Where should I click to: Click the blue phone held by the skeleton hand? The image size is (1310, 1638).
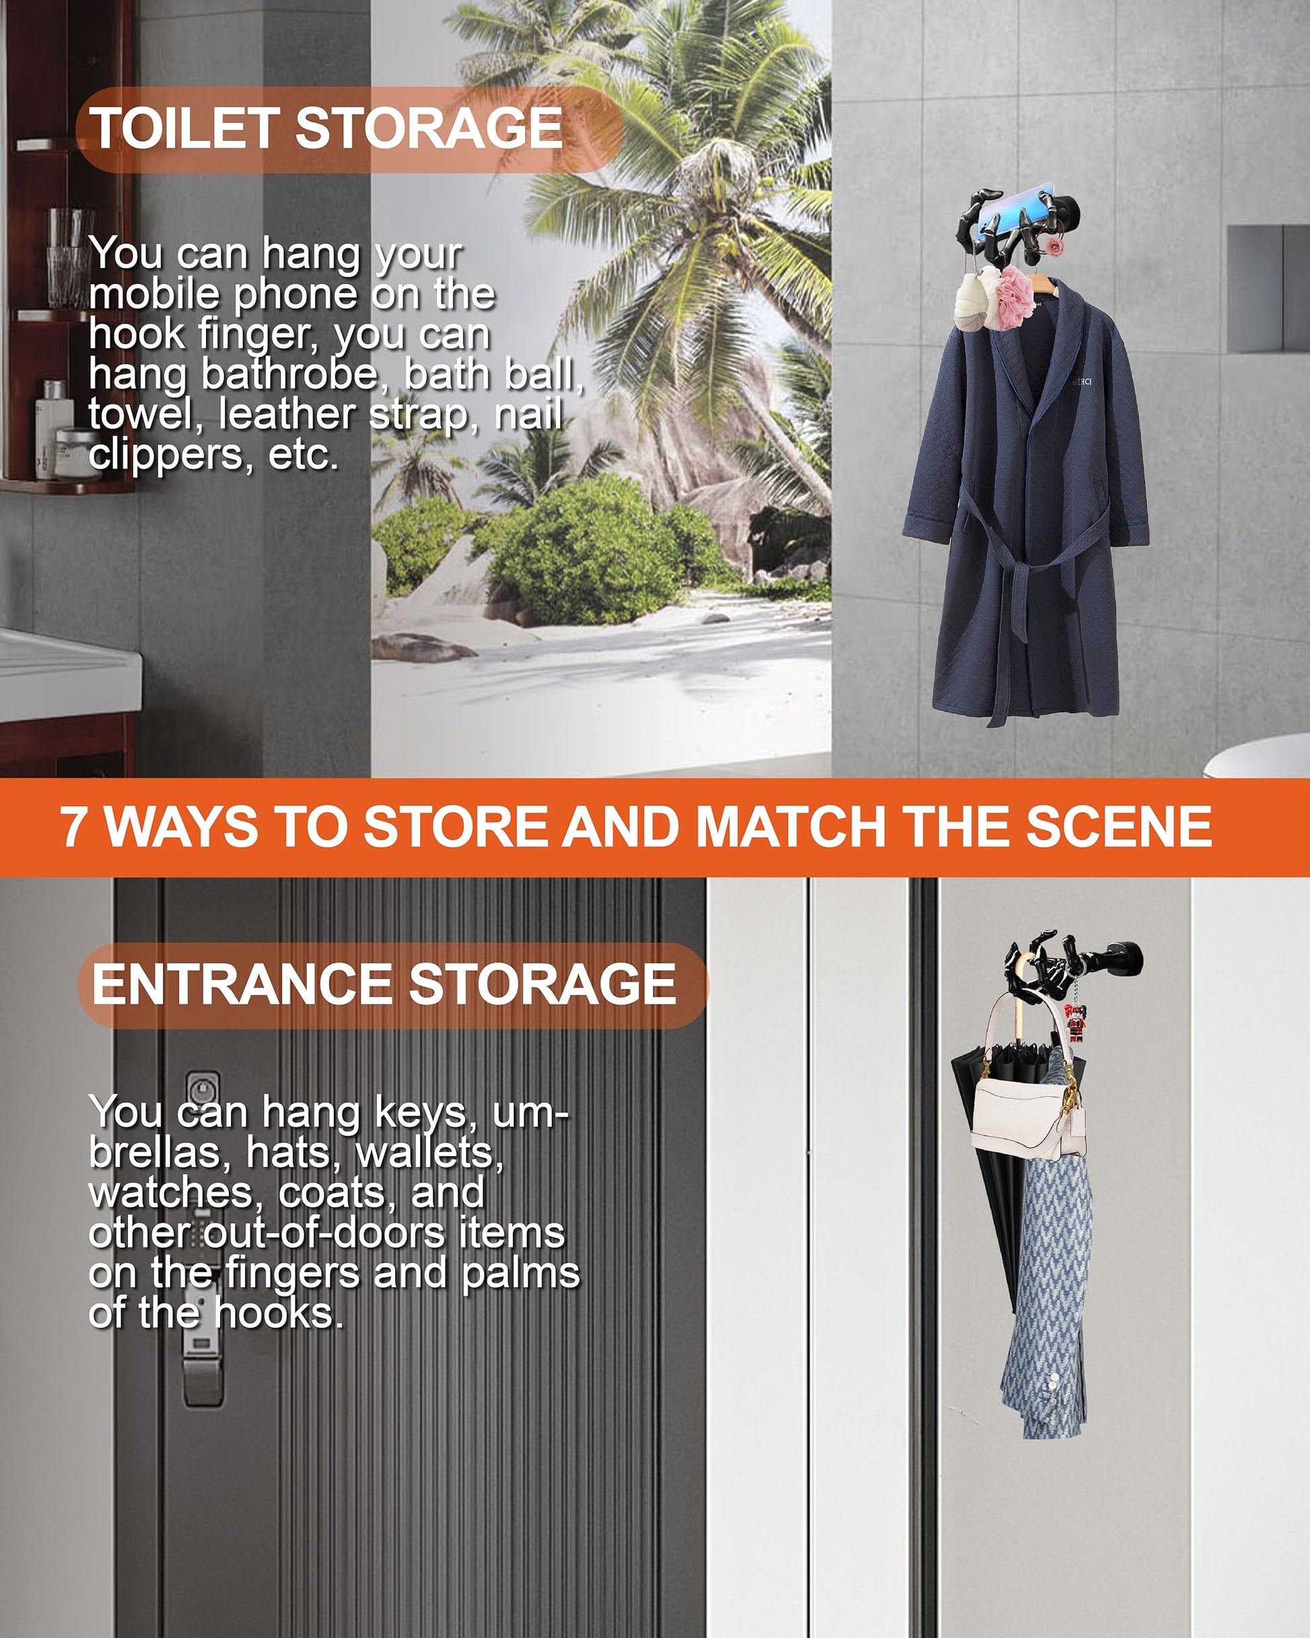tap(1014, 205)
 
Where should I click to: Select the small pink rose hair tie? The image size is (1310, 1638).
tap(1054, 247)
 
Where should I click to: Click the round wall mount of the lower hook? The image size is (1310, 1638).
tap(1125, 959)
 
